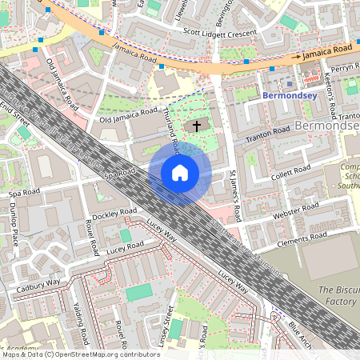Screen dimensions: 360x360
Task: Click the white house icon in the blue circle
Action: [180, 173]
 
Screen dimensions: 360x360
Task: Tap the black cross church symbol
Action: [196, 126]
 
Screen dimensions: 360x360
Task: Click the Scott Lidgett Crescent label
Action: [220, 32]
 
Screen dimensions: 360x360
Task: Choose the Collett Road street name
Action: [290, 171]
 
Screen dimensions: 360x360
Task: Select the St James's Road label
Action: [234, 195]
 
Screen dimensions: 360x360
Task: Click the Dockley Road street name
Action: [115, 215]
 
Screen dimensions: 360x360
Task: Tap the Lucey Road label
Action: [125, 246]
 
